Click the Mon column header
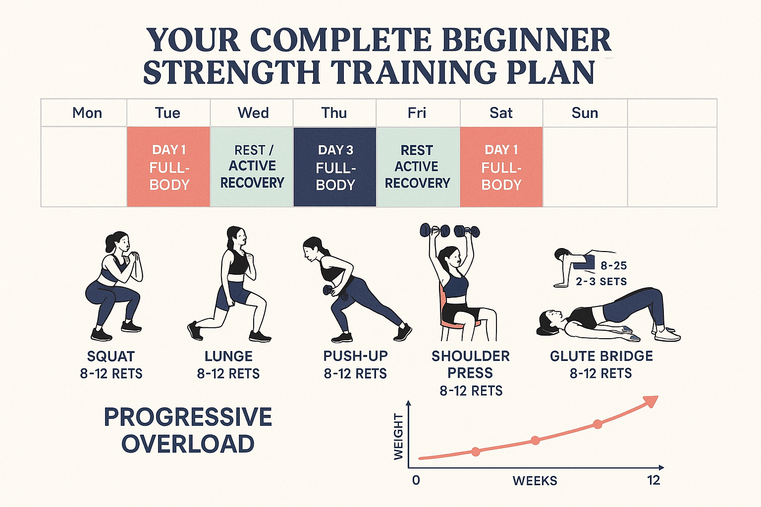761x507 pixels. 87,113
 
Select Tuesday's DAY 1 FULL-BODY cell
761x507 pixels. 169,167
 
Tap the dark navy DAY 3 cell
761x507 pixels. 335,167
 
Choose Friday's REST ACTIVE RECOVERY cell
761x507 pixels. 417,167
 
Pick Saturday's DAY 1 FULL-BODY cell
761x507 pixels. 501,167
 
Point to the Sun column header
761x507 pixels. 585,113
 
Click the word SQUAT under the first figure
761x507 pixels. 111,356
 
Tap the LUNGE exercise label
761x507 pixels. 228,356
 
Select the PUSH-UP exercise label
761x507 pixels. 355,356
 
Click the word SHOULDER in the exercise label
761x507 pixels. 470,356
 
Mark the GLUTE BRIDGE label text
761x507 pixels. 601,356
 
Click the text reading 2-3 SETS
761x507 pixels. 601,282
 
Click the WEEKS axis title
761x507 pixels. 535,481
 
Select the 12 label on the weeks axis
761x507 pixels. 653,480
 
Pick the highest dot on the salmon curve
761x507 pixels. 598,424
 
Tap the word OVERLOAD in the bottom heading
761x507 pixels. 188,444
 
